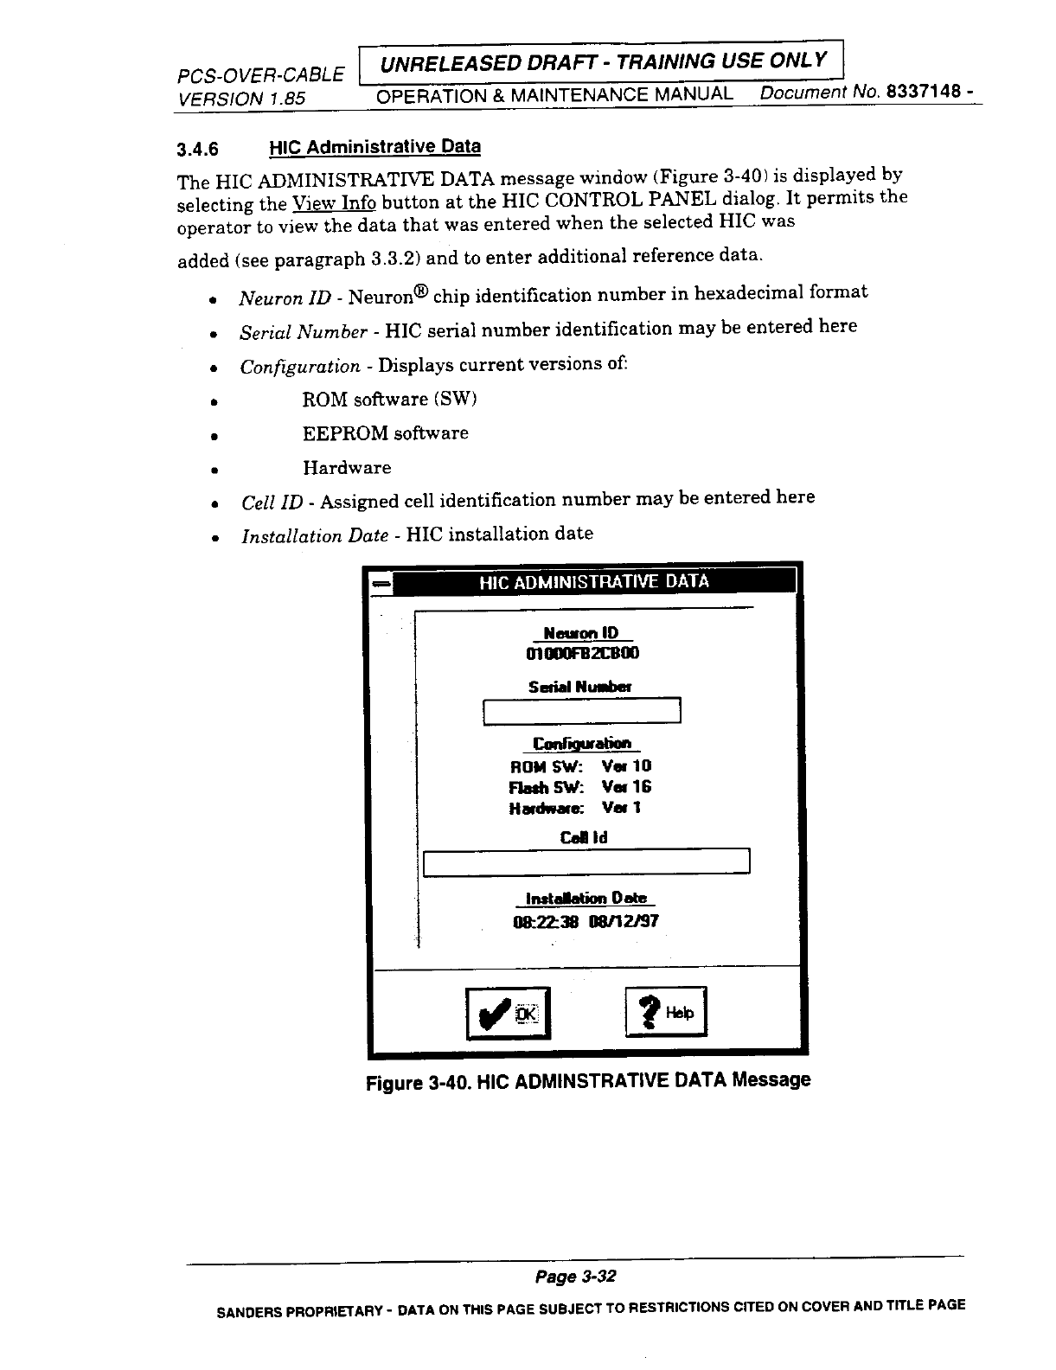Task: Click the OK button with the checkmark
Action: [508, 1013]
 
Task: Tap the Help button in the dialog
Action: [666, 1012]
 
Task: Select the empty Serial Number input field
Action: [582, 711]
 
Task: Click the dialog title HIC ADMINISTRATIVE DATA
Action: [593, 581]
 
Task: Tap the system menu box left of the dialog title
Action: [381, 585]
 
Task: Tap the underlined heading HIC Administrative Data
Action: [374, 147]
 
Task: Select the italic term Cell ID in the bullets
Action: [272, 503]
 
